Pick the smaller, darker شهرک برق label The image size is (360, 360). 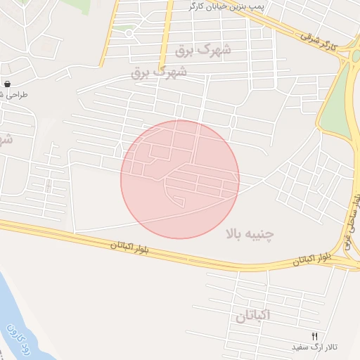[x=160, y=72]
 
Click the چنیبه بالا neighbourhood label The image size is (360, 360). [x=250, y=233]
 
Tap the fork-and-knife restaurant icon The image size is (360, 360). [x=315, y=336]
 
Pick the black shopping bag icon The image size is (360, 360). [x=7, y=83]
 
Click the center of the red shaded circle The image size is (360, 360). [x=180, y=179]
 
